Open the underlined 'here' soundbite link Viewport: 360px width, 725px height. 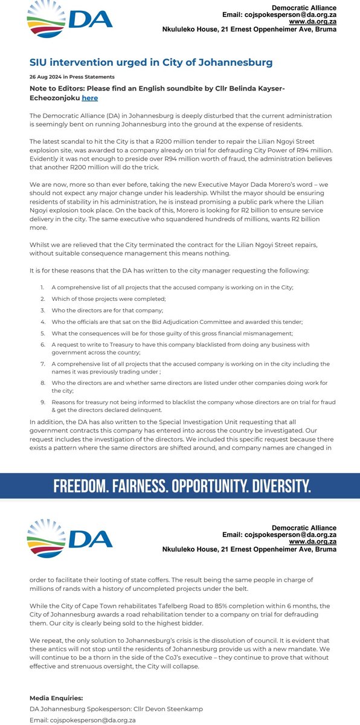tap(89, 98)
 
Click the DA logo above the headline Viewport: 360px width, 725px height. tap(70, 22)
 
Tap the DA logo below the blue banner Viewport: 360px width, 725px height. tap(70, 539)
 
